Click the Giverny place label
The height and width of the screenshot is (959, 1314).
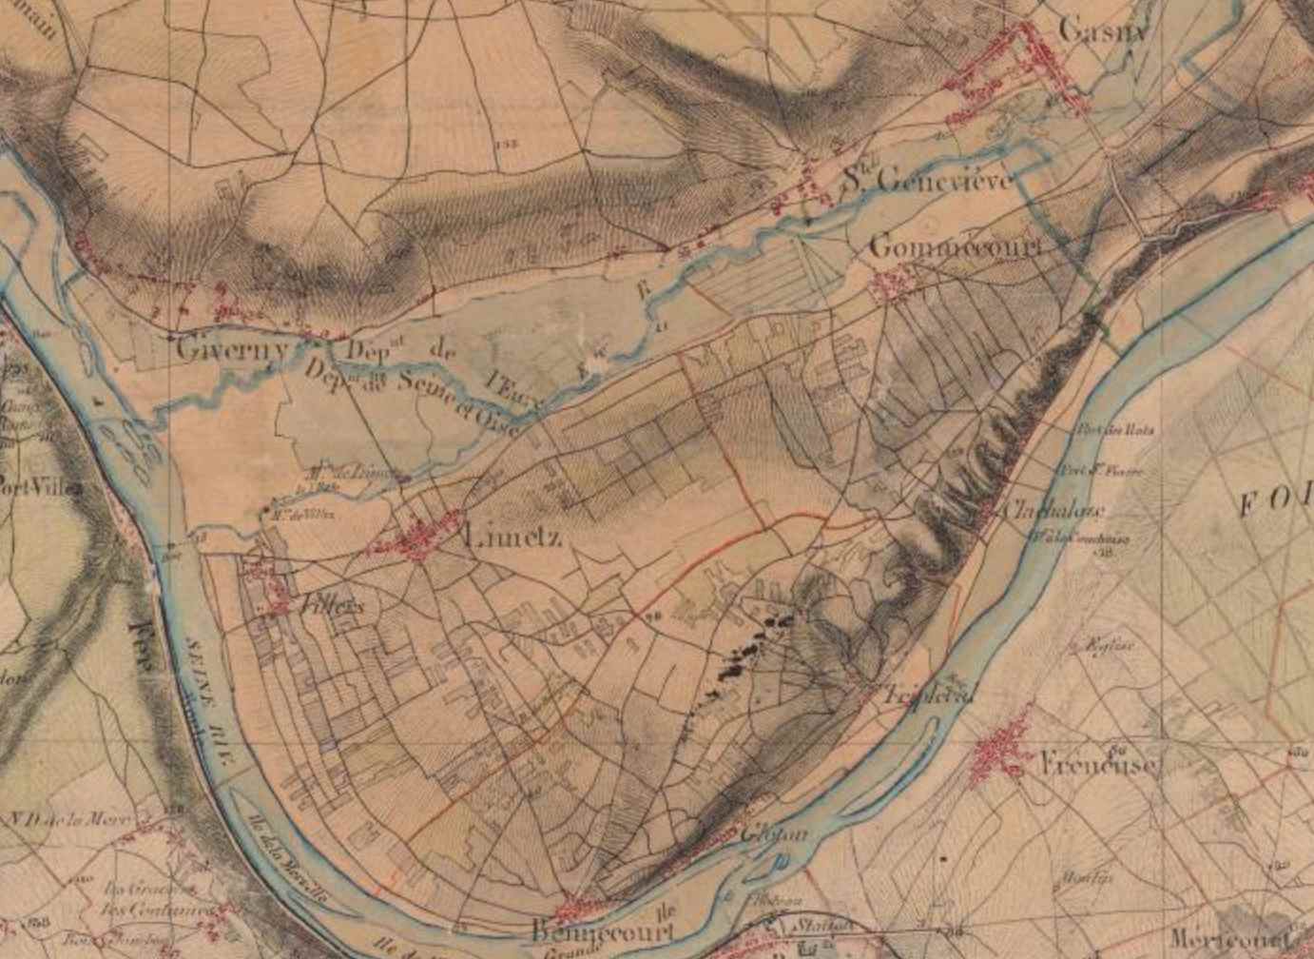[233, 349]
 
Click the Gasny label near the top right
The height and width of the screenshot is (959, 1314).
[1103, 30]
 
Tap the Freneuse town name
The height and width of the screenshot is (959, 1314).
[1099, 764]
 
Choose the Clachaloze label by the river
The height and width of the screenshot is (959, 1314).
[1054, 510]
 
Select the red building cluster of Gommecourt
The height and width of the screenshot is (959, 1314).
[893, 284]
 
